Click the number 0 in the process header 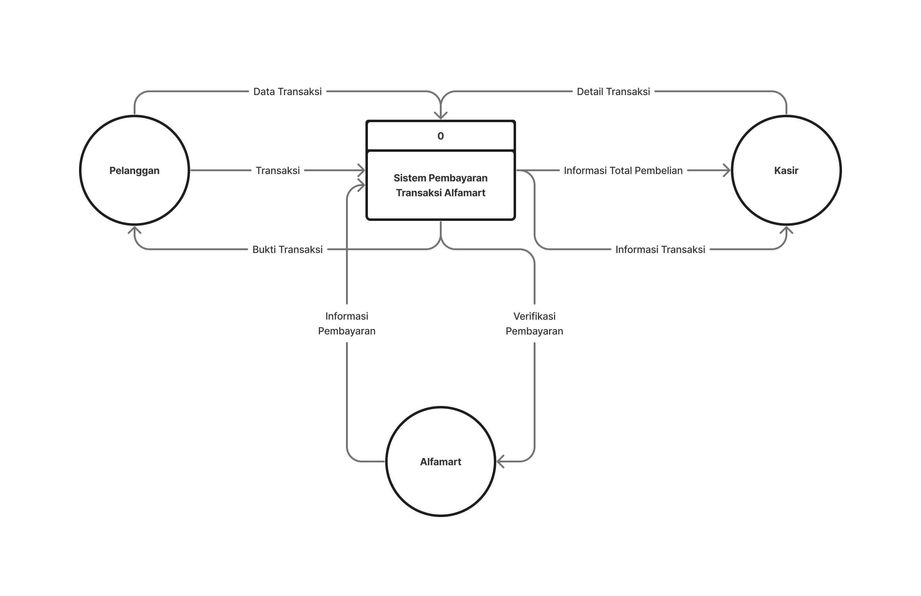tap(440, 136)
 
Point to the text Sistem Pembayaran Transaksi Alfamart tap(440, 185)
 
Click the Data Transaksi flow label tap(288, 92)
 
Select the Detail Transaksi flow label tap(613, 92)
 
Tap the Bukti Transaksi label tap(288, 250)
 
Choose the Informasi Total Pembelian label tap(623, 171)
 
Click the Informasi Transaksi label tap(660, 250)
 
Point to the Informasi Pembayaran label tap(347, 323)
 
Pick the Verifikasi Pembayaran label tap(534, 323)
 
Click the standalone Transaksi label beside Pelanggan tap(278, 171)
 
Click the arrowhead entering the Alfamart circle tap(500, 461)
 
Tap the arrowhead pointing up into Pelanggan tap(134, 230)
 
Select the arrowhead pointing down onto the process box tap(440, 115)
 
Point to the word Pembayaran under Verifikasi tap(534, 331)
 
